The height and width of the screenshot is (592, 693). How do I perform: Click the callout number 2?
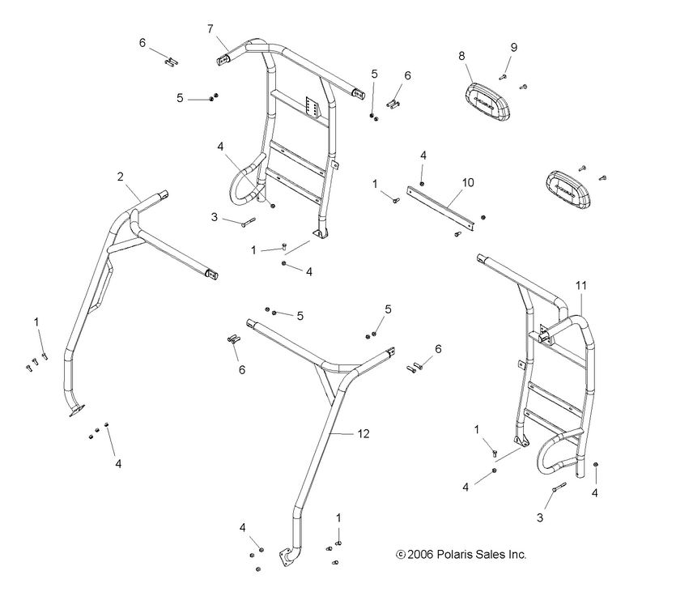pos(120,176)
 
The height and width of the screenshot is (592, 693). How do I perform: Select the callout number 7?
pos(210,29)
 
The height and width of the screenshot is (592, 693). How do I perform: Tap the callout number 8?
pos(461,56)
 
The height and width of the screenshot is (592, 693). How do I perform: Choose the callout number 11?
pos(581,286)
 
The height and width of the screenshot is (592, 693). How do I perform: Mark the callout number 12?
pos(364,435)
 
